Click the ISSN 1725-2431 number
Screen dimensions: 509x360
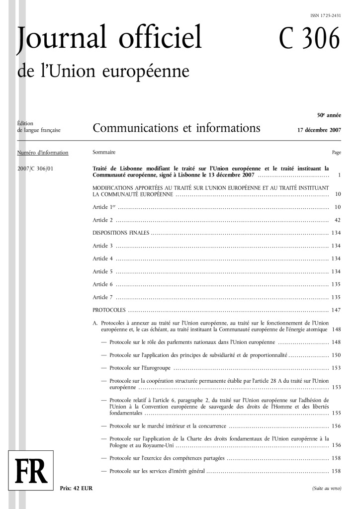(x=325, y=16)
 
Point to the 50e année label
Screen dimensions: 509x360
(x=329, y=115)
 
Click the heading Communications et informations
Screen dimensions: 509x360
(x=177, y=129)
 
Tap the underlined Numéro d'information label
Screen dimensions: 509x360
(x=43, y=153)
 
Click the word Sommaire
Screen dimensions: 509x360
(x=104, y=153)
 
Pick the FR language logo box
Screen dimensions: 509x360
(x=30, y=471)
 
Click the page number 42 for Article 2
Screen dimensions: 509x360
(x=337, y=220)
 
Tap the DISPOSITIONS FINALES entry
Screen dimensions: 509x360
(x=121, y=233)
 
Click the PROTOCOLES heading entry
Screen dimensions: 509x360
(x=109, y=310)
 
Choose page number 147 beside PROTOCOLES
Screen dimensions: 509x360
(x=336, y=310)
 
